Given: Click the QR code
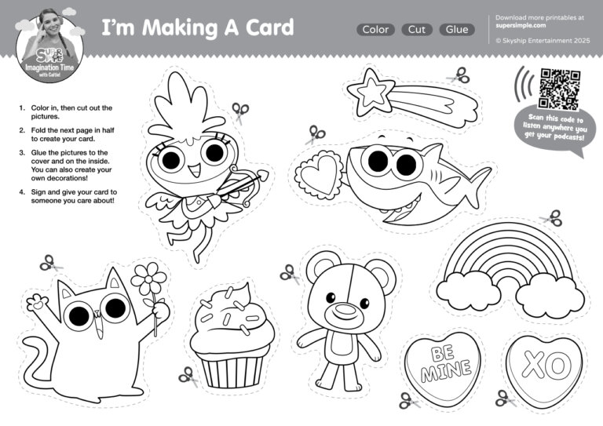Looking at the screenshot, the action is pos(559,89).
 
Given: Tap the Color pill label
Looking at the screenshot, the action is pos(375,30).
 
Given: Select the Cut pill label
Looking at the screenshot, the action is pos(416,30).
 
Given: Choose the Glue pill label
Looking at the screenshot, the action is pos(457,30).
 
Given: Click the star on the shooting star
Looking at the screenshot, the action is pos(371,92).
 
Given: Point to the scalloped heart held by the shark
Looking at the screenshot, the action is pos(319,175).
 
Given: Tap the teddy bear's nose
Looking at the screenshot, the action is pos(345,310).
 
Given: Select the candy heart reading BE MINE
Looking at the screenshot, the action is pos(444,365).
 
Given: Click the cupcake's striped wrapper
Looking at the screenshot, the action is pos(233,369).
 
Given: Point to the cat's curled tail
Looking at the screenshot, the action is pos(37,361).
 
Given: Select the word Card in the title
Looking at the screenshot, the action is pos(269,27).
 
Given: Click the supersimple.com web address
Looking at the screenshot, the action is pos(521,25).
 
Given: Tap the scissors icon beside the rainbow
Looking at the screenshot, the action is pos(552,218).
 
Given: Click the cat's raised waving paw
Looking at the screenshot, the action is pos(37,302).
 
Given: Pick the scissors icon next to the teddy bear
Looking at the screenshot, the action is pos(291,275).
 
